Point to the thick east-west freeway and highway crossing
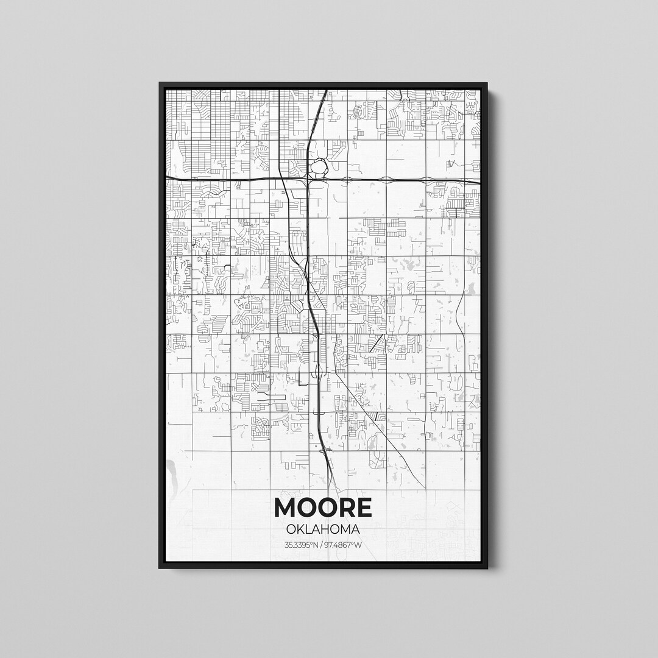point(309,179)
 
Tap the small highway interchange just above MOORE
point(327,451)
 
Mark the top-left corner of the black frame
point(160,83)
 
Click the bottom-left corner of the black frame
point(160,568)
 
